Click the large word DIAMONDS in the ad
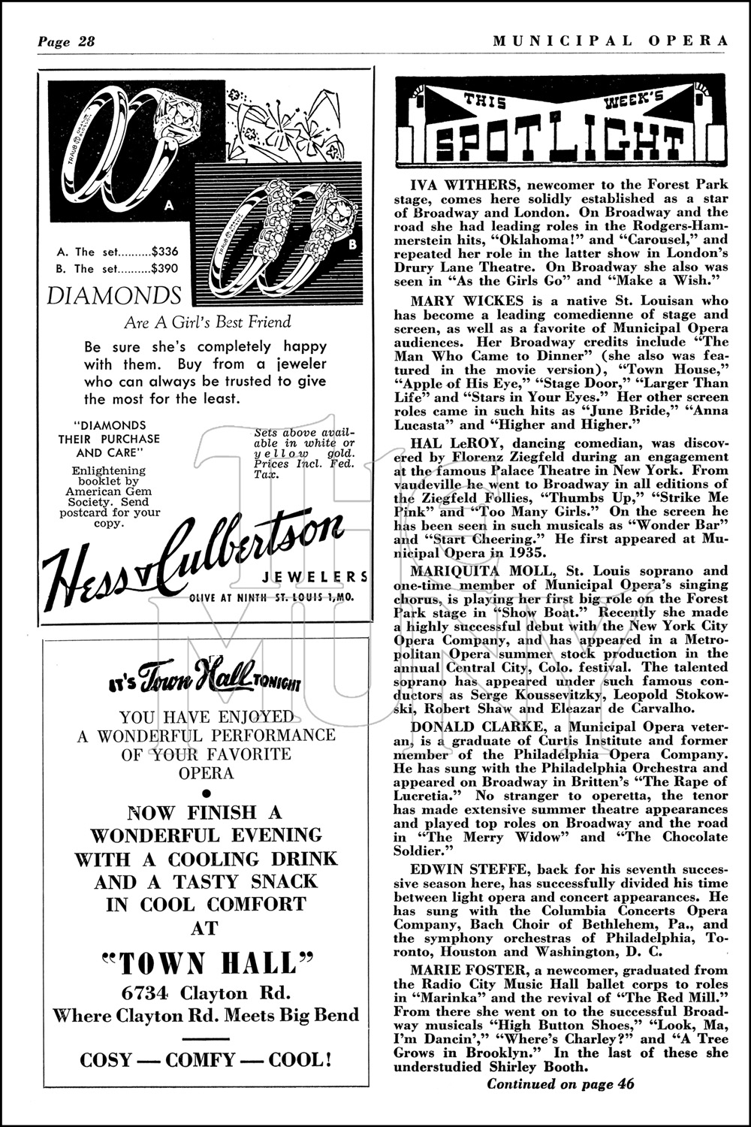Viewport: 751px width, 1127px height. click(x=113, y=295)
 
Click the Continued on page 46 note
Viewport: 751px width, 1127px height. click(x=560, y=1083)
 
